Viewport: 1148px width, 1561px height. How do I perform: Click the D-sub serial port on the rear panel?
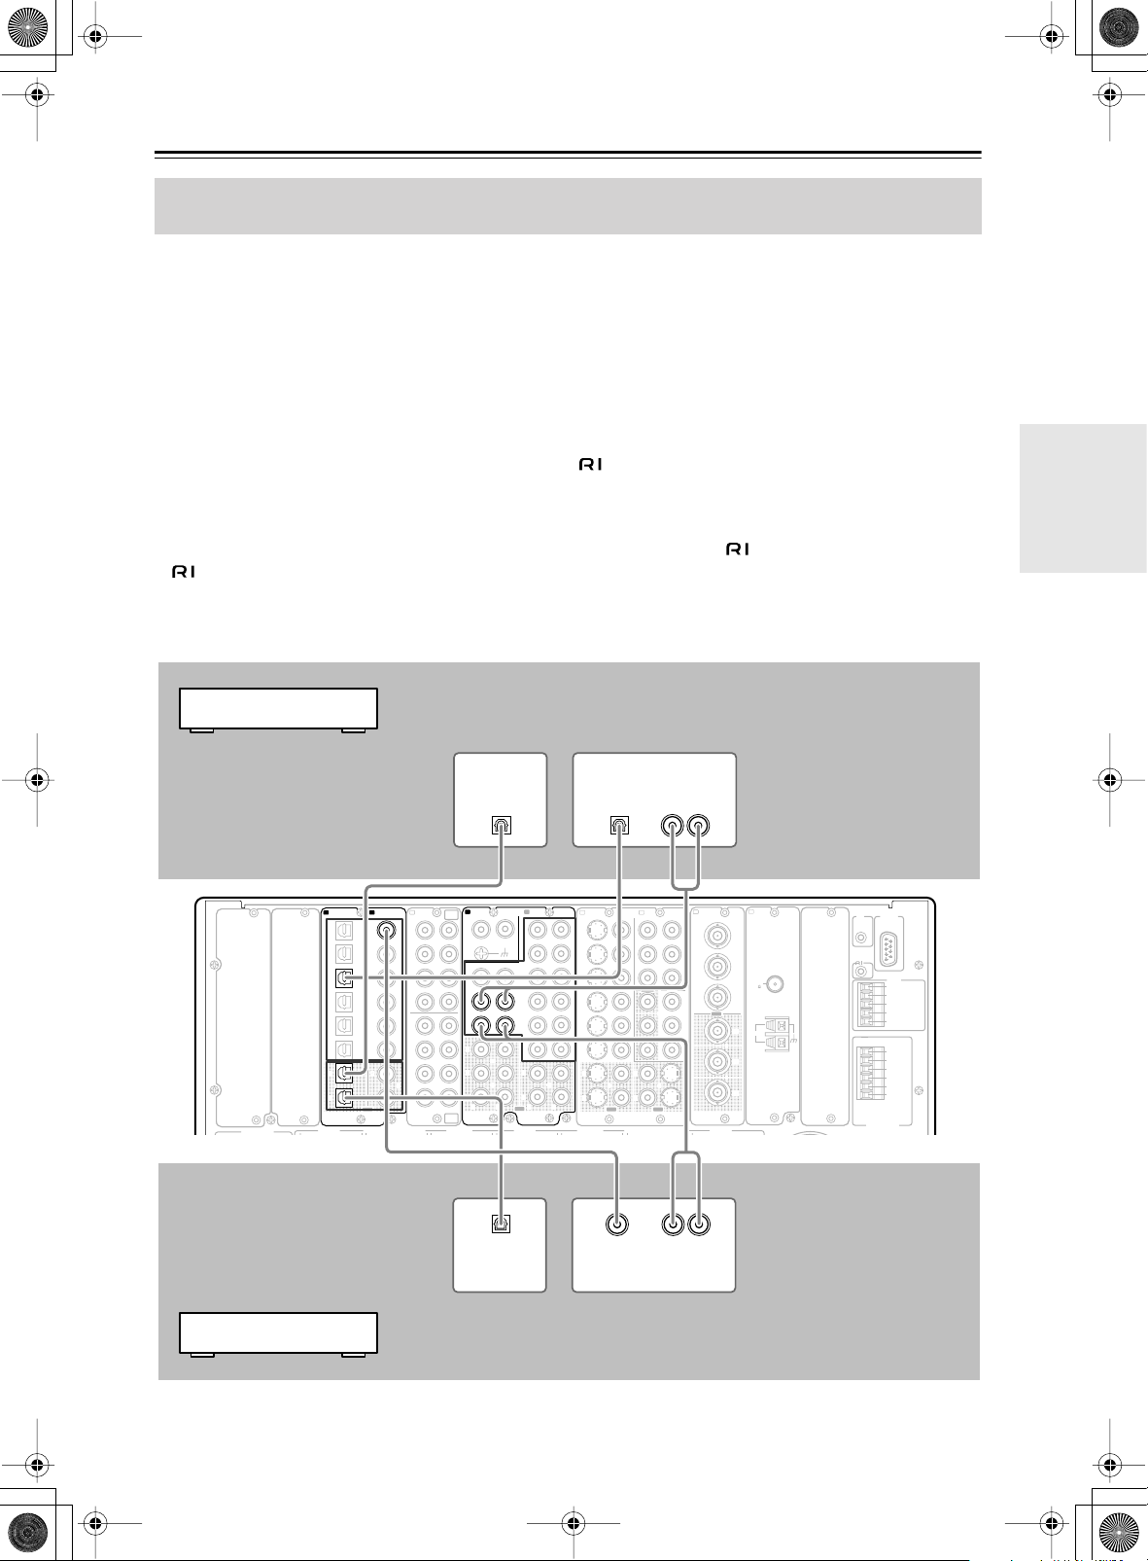point(888,949)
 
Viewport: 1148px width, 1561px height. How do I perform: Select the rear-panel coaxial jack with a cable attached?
point(387,930)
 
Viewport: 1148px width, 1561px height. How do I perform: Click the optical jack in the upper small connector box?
point(502,825)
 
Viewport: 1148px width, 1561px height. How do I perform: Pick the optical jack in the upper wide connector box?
point(619,825)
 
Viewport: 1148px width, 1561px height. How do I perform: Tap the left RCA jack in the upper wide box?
point(672,826)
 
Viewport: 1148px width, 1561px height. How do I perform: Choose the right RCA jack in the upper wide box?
point(698,826)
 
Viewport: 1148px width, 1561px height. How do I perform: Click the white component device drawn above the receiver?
point(278,709)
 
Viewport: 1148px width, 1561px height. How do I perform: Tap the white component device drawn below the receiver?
point(278,1333)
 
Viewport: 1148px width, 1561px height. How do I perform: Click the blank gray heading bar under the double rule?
point(568,206)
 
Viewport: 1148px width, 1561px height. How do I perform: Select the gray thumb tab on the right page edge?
point(1083,498)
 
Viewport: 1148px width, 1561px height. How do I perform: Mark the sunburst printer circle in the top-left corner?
point(28,28)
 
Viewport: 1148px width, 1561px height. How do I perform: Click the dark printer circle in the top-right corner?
point(1119,28)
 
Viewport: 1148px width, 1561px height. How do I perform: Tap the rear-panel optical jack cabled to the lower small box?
point(344,1098)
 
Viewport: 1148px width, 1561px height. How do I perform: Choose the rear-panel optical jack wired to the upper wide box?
point(344,977)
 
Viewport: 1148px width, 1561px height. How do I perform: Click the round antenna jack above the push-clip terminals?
point(774,984)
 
